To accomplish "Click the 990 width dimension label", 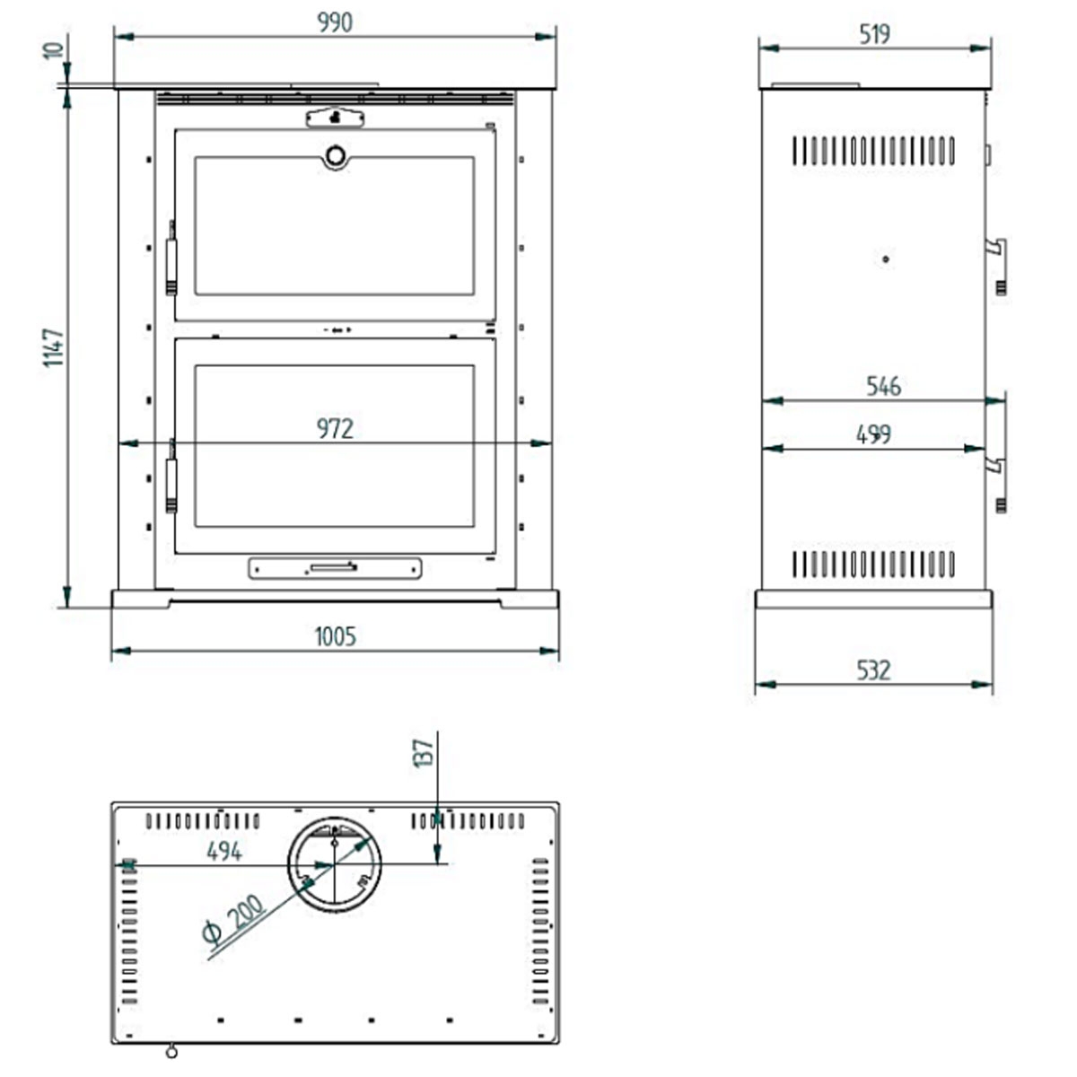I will coord(335,22).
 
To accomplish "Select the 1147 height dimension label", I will coord(54,346).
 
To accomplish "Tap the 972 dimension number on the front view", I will coord(335,429).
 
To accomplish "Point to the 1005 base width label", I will coord(335,636).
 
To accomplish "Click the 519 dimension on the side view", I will coord(874,34).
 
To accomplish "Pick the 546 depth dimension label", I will coord(883,386).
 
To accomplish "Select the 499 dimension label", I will coord(873,434).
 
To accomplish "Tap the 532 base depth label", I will coord(873,670).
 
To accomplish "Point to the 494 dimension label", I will coord(223,850).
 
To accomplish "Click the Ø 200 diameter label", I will coord(234,920).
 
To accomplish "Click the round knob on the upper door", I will coord(335,156).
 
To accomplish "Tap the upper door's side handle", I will coord(171,266).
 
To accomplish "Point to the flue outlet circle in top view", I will coord(334,864).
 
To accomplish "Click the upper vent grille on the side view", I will coord(873,151).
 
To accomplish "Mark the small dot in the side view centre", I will coord(886,259).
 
